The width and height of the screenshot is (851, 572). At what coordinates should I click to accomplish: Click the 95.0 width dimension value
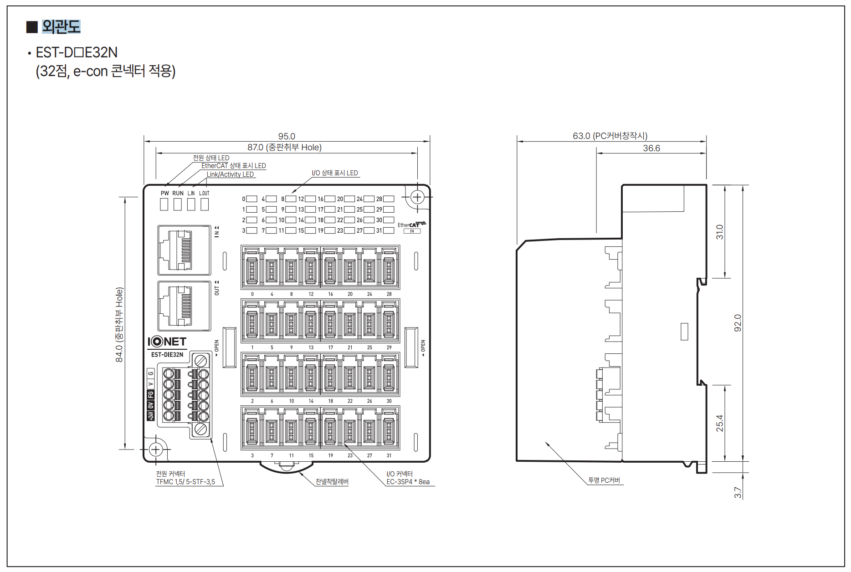coord(287,136)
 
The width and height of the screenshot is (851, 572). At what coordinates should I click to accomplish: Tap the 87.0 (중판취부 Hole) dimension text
coord(285,147)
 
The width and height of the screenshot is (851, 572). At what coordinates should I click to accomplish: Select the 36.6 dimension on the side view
coord(651,148)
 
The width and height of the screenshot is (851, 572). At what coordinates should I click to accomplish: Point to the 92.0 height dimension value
coord(738,323)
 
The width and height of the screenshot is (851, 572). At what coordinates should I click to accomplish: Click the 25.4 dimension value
coord(719,423)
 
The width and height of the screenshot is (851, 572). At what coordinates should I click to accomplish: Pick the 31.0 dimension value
coord(719,232)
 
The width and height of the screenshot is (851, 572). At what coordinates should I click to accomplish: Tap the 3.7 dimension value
coord(738,493)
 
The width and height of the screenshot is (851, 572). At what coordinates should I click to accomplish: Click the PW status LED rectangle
coord(164,204)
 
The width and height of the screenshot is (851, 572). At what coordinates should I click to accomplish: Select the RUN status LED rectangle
coord(178,204)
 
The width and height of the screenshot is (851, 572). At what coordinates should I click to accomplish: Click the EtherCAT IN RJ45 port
coord(184,250)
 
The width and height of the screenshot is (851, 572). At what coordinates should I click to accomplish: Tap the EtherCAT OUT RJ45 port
coord(184,306)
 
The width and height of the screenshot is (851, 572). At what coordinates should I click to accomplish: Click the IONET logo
coord(167,342)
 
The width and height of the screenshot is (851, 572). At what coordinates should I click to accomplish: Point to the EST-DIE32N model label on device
coord(167,355)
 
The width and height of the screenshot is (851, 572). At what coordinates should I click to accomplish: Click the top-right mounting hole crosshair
coord(417,197)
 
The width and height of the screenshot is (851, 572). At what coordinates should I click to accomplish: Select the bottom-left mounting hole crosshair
coord(156,449)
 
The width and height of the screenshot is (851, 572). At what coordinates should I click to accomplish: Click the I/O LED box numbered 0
coord(251,199)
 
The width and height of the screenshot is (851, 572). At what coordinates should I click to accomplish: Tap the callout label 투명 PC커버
coord(604,480)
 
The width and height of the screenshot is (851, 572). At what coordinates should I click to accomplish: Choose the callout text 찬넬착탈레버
coord(332,481)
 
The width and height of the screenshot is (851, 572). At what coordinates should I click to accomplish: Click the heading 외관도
coord(61,27)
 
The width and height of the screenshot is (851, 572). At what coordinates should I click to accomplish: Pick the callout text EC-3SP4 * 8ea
coord(408,482)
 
